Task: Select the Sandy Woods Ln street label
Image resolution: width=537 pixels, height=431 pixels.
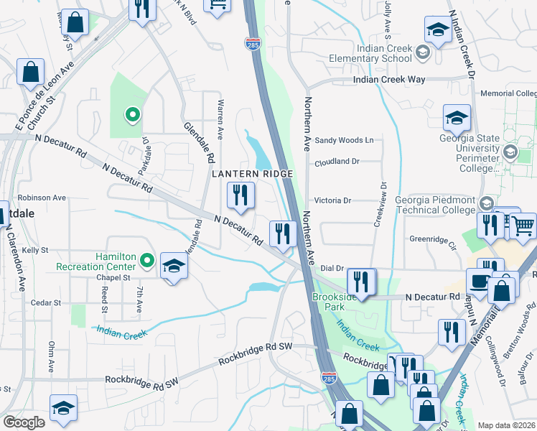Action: click(x=345, y=141)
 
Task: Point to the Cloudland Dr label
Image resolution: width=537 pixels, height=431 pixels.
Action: click(x=336, y=162)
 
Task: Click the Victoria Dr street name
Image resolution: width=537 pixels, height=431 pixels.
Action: click(x=332, y=201)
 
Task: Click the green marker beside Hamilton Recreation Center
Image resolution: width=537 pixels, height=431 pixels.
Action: click(x=148, y=260)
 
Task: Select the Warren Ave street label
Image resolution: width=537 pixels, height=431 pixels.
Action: click(x=221, y=120)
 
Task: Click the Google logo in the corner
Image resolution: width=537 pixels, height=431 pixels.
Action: click(x=24, y=422)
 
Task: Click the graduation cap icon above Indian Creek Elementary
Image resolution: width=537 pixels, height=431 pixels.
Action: click(x=437, y=31)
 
